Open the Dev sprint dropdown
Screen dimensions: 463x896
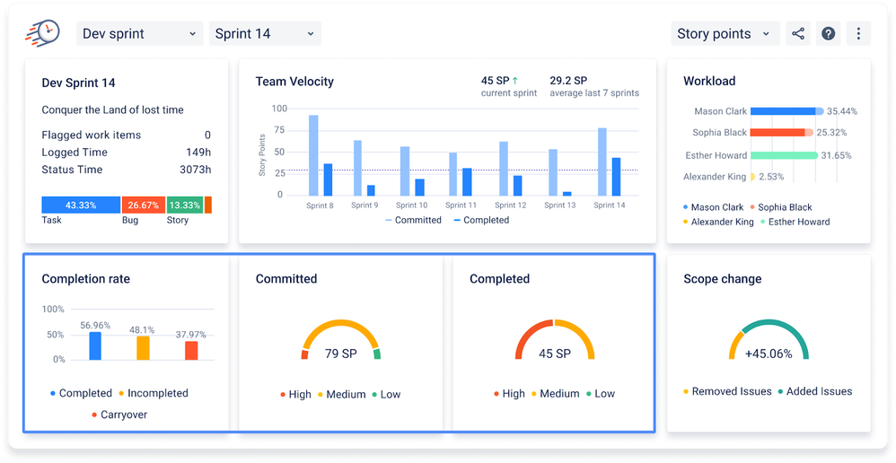138,34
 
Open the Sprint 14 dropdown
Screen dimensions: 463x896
265,34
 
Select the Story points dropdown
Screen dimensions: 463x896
724,34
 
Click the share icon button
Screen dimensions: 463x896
797,34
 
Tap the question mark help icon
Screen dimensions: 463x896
829,34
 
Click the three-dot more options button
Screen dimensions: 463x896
858,34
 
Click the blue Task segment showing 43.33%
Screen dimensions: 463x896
81,205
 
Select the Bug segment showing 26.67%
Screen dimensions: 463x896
143,205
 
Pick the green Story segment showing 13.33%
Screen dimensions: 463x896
184,205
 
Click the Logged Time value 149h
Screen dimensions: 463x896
198,153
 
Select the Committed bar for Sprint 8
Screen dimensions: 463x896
313,154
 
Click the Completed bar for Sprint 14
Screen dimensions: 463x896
616,176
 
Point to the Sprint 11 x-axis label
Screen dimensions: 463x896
461,205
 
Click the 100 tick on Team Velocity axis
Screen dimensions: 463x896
278,109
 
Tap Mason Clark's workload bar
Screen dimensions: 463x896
783,111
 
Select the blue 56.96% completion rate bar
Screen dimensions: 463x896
94,345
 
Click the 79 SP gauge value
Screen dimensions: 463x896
340,354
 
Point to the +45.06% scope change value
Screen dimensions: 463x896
769,354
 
